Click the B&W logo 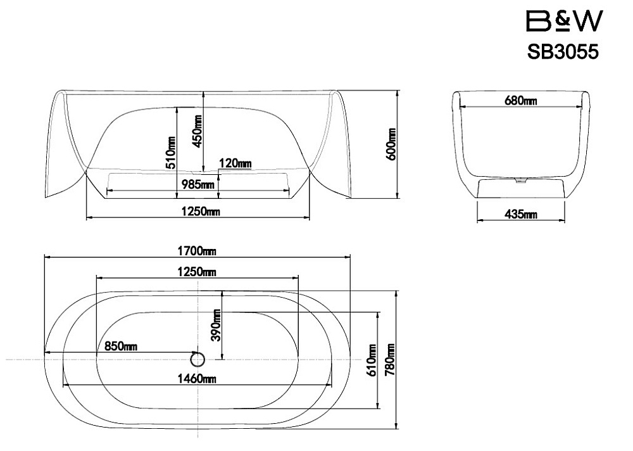(x=565, y=21)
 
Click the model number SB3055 (x=563, y=52)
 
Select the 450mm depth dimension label (x=197, y=131)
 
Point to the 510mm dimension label (x=171, y=153)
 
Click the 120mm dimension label (x=235, y=163)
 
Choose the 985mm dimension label (x=197, y=185)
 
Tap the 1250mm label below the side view (x=201, y=211)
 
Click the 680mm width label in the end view (x=521, y=100)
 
